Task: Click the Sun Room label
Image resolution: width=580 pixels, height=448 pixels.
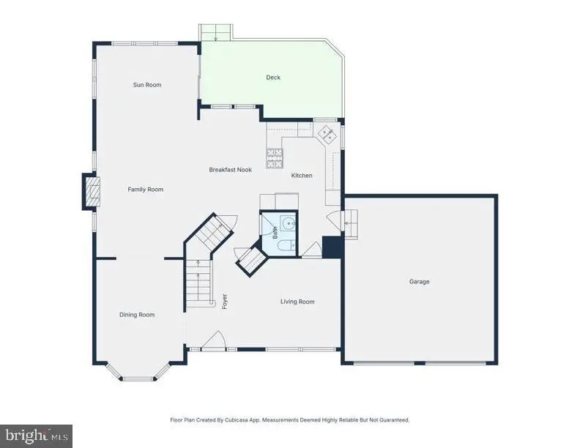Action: coord(147,85)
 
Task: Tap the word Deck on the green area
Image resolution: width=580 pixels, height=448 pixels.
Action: coord(272,78)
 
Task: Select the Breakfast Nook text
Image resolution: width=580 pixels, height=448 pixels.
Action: coord(230,170)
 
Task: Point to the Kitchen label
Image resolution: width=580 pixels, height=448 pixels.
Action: coord(302,176)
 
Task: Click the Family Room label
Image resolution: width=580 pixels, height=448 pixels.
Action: coord(146,190)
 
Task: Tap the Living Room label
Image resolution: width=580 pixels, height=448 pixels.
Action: coord(297,302)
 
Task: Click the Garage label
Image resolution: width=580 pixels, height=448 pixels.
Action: coord(420,282)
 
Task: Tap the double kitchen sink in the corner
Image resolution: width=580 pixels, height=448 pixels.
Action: coord(327,132)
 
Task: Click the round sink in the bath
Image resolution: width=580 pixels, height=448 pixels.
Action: coord(289,224)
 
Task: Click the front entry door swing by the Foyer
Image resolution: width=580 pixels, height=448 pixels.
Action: coord(215,340)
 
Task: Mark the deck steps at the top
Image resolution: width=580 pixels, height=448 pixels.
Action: coord(217,32)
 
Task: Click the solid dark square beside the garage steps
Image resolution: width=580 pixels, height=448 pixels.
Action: coord(332,247)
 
